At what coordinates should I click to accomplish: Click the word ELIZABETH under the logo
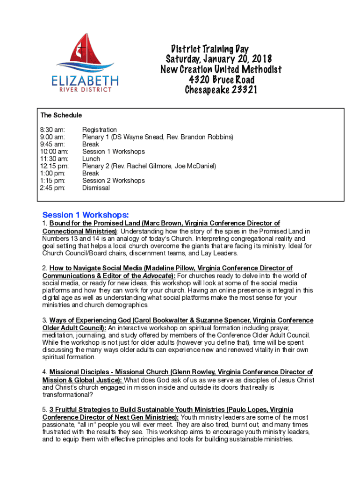(x=85, y=80)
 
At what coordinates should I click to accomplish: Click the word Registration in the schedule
(x=100, y=130)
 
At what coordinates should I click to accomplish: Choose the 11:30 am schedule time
(x=54, y=159)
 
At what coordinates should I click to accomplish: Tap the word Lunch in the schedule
(x=91, y=159)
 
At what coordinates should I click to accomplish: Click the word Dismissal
(x=96, y=188)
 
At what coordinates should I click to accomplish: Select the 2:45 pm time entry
(x=53, y=188)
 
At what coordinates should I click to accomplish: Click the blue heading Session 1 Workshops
(x=86, y=215)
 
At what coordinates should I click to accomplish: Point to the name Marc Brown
(x=161, y=224)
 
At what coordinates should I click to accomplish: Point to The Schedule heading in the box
(x=61, y=115)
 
